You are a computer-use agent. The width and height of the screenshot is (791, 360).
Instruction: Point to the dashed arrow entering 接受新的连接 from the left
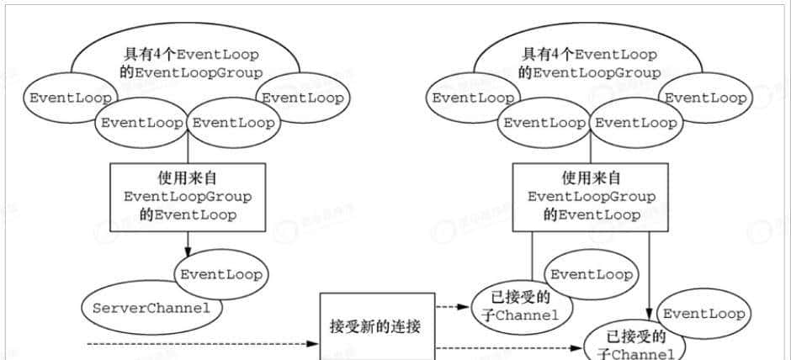(x=202, y=344)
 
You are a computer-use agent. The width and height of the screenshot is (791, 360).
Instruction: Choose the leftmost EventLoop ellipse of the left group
(x=71, y=98)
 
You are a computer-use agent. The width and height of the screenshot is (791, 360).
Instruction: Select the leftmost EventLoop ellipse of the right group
(x=474, y=98)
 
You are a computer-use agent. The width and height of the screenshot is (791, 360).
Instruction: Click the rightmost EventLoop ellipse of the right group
(x=705, y=98)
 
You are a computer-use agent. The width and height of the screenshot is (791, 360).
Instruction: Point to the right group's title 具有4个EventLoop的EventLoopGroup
(x=589, y=63)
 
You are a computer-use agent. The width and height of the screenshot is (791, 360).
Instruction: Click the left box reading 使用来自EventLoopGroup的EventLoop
(x=187, y=196)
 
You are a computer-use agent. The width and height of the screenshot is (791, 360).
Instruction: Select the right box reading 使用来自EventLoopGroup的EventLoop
(x=591, y=196)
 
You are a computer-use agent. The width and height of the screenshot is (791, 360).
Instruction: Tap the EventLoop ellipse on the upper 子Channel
(x=591, y=275)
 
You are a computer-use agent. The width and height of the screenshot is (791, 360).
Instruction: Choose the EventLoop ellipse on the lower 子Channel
(x=703, y=314)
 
